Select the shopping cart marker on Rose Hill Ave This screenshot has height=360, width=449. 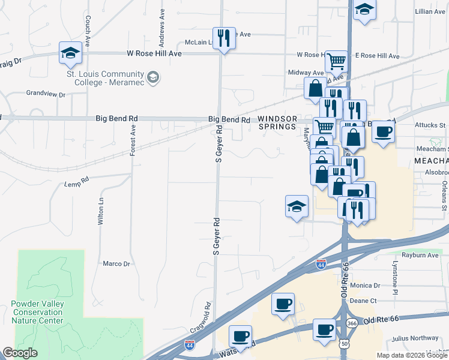(336, 61)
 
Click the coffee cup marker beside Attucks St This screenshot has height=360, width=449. (384, 132)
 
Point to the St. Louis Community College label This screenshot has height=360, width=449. (105, 79)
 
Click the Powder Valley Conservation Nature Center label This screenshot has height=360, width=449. (37, 312)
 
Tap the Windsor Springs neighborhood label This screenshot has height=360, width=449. (277, 122)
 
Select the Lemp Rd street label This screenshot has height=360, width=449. (76, 179)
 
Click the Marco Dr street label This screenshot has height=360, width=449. (116, 263)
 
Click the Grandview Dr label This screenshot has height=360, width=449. (45, 94)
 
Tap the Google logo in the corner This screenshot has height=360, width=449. (20, 353)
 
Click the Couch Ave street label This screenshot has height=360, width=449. (88, 32)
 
